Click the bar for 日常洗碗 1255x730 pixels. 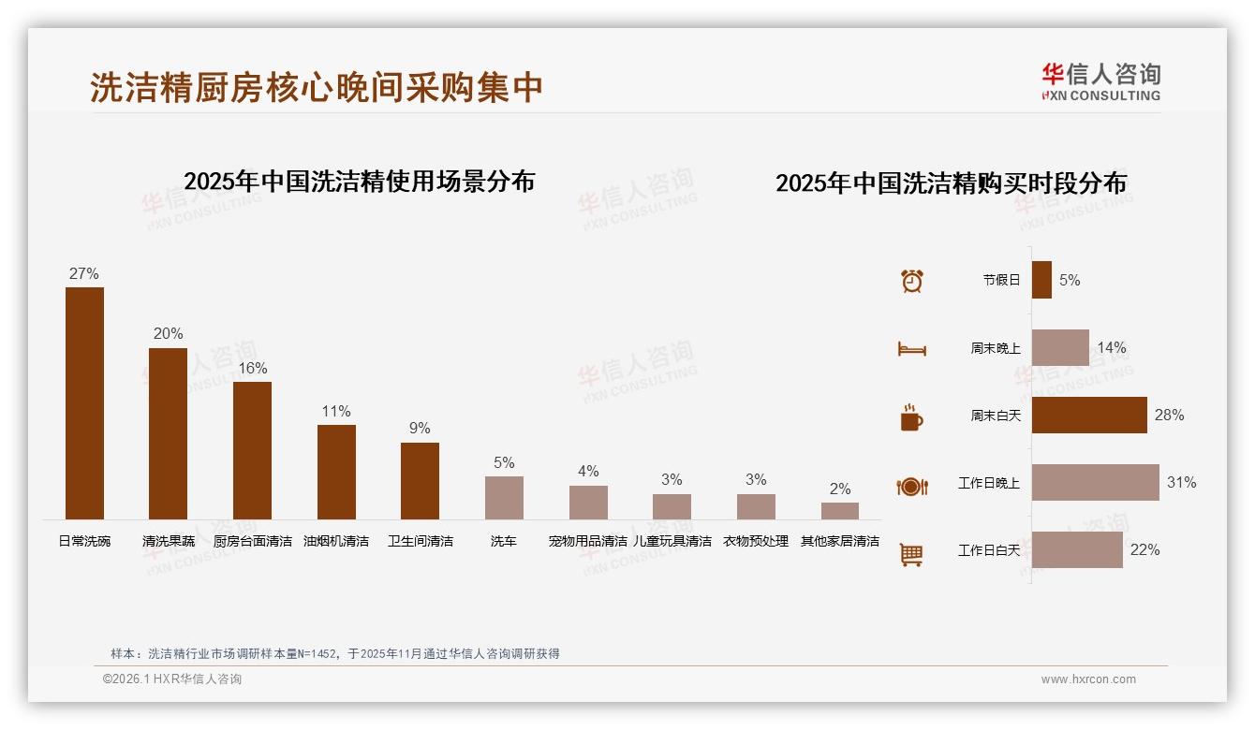point(84,402)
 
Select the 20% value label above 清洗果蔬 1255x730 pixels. point(169,334)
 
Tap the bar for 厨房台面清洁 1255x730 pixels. point(252,450)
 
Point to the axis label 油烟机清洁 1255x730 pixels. point(336,541)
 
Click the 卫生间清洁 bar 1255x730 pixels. point(420,481)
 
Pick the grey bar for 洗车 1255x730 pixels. point(504,498)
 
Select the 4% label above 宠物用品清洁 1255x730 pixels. point(588,471)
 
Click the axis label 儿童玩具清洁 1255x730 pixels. point(672,541)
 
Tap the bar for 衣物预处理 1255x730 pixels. point(756,506)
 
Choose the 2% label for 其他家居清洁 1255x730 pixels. point(840,489)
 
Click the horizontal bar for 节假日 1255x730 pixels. point(1041,280)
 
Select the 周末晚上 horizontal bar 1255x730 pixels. point(1060,347)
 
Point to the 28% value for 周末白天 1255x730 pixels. point(1169,415)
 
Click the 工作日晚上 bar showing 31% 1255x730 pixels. point(1095,482)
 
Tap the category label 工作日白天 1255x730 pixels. point(988,550)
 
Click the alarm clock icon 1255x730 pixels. point(911,280)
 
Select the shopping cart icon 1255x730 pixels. point(911,555)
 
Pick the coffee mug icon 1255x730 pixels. point(911,417)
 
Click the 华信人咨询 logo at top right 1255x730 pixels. point(1100,81)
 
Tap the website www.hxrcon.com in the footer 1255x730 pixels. point(1087,679)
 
